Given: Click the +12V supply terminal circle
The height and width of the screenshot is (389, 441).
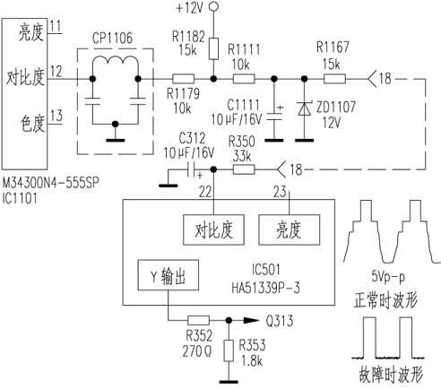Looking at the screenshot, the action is (x=213, y=6).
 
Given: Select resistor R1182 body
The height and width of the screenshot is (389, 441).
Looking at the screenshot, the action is (x=213, y=48).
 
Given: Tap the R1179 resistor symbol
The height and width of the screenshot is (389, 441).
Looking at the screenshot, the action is (x=184, y=79).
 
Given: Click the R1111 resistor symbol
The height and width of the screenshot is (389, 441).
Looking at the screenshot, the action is (x=244, y=79).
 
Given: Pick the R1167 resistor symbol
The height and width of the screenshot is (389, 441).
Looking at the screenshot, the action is (x=334, y=79).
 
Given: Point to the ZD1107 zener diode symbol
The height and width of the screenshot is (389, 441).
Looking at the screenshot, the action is (x=305, y=108).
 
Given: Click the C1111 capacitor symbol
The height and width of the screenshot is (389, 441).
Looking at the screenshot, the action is (x=274, y=116).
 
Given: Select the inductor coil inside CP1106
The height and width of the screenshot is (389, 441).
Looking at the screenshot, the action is (x=116, y=63).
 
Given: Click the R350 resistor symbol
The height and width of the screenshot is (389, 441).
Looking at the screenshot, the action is (x=244, y=169).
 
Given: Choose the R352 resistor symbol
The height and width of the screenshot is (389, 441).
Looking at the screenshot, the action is (x=198, y=321).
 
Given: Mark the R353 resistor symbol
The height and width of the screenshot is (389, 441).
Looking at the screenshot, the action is (x=229, y=351).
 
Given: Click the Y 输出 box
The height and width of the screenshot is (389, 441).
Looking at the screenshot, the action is (x=169, y=275).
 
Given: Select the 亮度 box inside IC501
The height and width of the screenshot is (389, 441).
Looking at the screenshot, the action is (x=289, y=230).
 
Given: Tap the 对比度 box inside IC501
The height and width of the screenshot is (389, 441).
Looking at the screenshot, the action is (x=213, y=230).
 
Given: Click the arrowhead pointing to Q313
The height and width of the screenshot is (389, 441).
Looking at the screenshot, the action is (x=251, y=321).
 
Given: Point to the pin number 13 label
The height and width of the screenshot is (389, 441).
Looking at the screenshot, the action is (x=56, y=116).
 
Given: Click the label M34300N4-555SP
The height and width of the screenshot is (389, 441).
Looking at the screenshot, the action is (x=51, y=183).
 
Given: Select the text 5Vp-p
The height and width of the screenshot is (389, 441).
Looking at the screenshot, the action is (x=388, y=277).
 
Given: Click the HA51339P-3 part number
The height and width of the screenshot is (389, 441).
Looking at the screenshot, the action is (x=265, y=288).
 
